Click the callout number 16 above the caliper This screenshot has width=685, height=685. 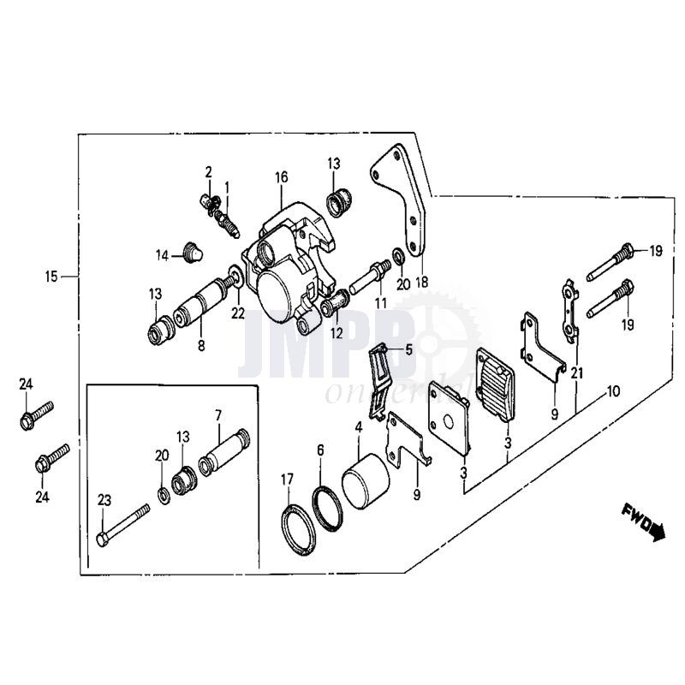coord(281,178)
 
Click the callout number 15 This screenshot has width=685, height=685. coord(51,276)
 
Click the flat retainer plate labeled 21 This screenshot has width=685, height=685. coord(569,305)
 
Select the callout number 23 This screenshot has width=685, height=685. coord(105,500)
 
